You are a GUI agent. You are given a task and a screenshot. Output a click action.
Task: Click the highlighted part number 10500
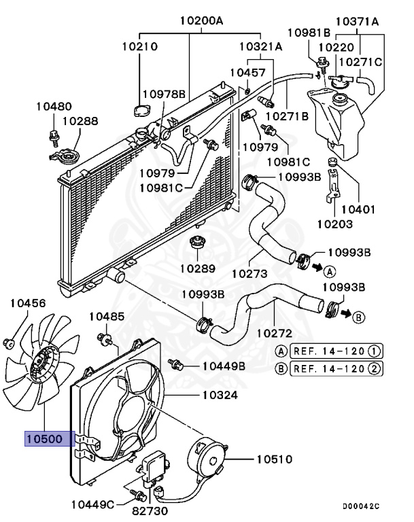pyautogui.click(x=48, y=439)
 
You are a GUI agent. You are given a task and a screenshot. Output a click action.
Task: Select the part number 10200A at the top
pyautogui.click(x=202, y=20)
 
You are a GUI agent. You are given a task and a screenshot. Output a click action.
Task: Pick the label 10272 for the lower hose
pyautogui.click(x=274, y=333)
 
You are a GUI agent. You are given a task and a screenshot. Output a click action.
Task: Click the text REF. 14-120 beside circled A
pyautogui.click(x=330, y=351)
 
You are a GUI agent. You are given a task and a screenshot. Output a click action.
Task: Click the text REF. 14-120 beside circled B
pyautogui.click(x=330, y=369)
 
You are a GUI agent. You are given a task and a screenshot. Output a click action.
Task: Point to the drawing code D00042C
pyautogui.click(x=360, y=506)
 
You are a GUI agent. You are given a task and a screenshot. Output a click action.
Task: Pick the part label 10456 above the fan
pyautogui.click(x=27, y=302)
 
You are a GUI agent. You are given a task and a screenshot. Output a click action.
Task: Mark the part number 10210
pyautogui.click(x=140, y=47)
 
